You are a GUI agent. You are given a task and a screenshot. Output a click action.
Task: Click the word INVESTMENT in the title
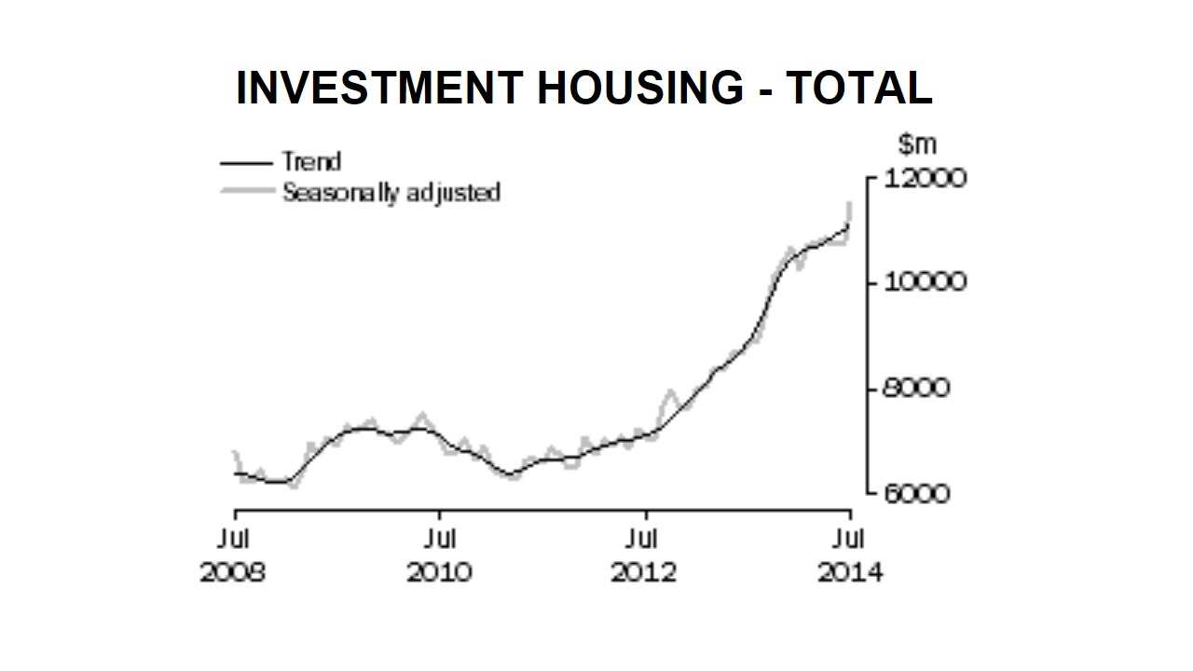(x=378, y=89)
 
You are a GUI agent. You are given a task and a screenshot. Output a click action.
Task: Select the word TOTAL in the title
(x=859, y=89)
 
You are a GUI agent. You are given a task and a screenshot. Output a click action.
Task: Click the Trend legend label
(x=311, y=162)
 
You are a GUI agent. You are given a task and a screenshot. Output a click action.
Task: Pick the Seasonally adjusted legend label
(x=391, y=193)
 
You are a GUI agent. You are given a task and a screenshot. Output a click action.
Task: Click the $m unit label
(x=917, y=145)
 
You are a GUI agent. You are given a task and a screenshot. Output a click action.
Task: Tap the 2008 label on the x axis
(x=233, y=571)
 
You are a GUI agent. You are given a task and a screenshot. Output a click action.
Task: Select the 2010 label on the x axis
(x=439, y=571)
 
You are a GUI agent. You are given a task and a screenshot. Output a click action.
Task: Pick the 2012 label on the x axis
(x=643, y=571)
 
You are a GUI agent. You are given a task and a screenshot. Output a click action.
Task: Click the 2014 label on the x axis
(x=849, y=571)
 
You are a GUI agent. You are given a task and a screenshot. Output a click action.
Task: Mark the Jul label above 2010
(x=439, y=540)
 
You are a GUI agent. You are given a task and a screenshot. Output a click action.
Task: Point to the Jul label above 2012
(x=643, y=540)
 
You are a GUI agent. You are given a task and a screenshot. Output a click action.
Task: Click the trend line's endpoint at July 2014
(x=848, y=225)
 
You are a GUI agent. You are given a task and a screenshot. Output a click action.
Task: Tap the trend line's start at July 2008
(x=235, y=473)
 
